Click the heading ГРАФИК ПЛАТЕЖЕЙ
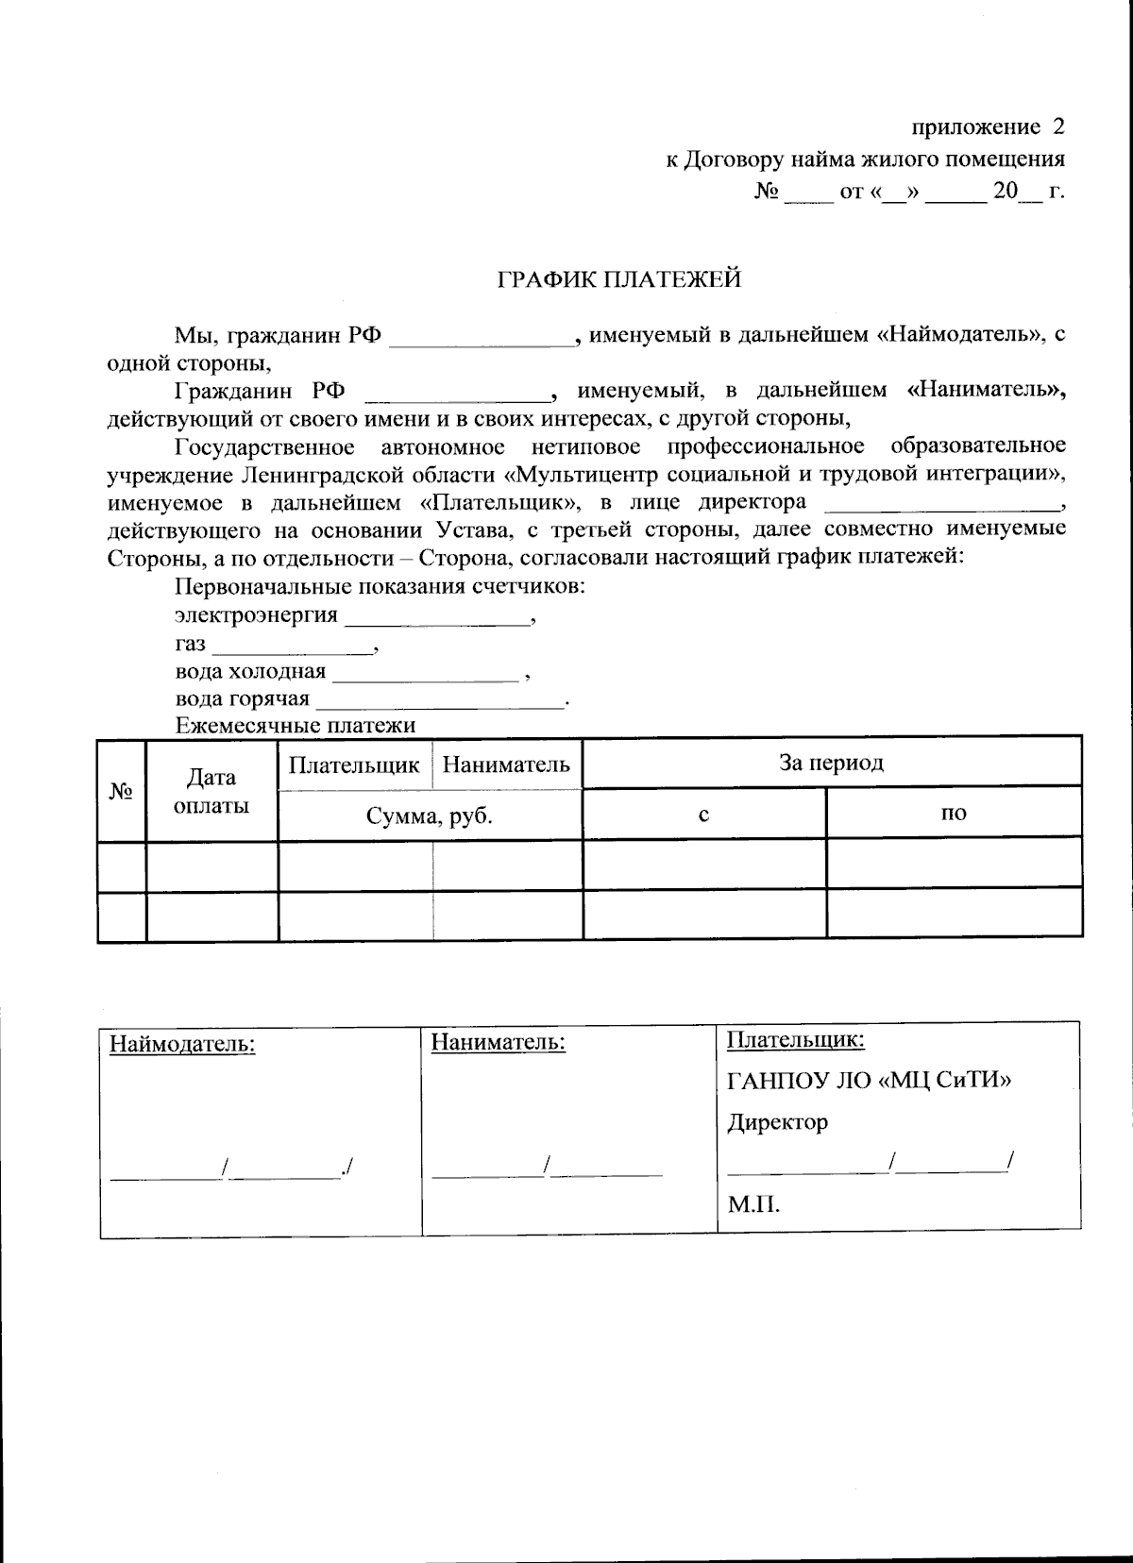[x=619, y=279]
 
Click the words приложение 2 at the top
[x=988, y=126]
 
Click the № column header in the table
[x=121, y=792]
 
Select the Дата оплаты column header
[x=211, y=792]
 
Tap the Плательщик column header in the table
[x=354, y=765]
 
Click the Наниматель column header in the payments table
[x=506, y=765]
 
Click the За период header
[x=831, y=763]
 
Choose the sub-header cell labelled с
[x=703, y=814]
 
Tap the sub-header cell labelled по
[x=954, y=814]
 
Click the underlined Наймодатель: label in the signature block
[x=183, y=1045]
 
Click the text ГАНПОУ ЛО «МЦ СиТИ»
[x=869, y=1080]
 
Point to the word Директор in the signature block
[x=777, y=1123]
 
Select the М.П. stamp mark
[x=753, y=1205]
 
